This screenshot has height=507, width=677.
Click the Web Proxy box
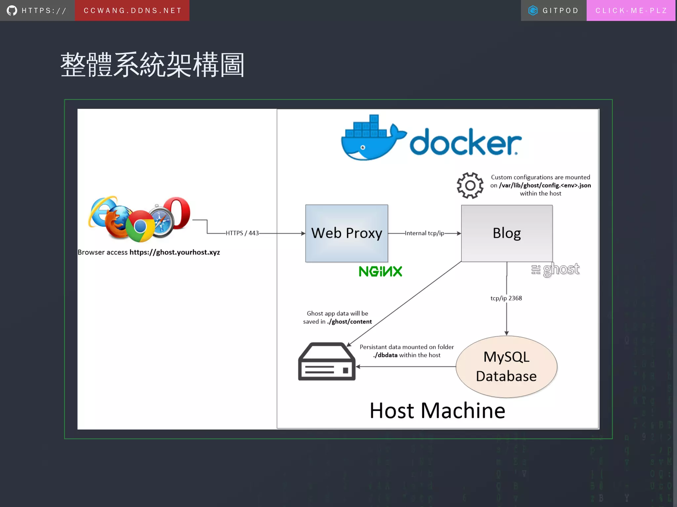click(x=346, y=233)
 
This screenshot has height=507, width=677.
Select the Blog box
click(x=506, y=233)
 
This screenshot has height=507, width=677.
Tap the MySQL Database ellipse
click(x=506, y=366)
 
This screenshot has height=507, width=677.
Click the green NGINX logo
click(x=380, y=272)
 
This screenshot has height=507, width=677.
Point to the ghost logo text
click(x=561, y=269)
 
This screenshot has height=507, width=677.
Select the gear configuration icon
click(x=470, y=185)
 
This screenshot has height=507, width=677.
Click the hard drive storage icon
click(x=327, y=362)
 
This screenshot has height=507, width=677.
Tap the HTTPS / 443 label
click(x=242, y=233)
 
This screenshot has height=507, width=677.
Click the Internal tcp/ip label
click(x=424, y=233)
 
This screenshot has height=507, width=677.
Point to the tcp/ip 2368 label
click(x=506, y=298)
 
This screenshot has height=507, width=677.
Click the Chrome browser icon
click(x=140, y=226)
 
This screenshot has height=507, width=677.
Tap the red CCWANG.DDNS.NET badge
click(x=132, y=11)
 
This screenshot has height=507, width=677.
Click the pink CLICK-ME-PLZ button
click(x=631, y=11)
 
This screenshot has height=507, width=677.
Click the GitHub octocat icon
click(x=12, y=11)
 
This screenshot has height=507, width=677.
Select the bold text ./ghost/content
click(x=349, y=322)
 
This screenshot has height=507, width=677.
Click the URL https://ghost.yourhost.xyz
click(x=175, y=252)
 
